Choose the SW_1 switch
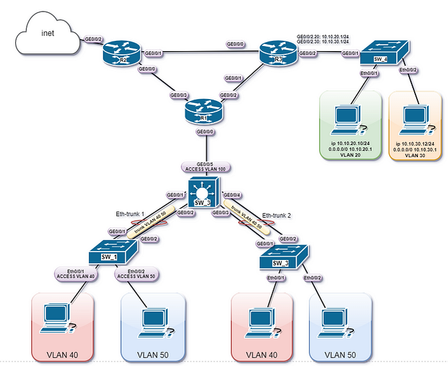click(x=111, y=252)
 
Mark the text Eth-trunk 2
click(x=276, y=216)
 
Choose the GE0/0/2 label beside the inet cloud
click(x=94, y=39)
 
